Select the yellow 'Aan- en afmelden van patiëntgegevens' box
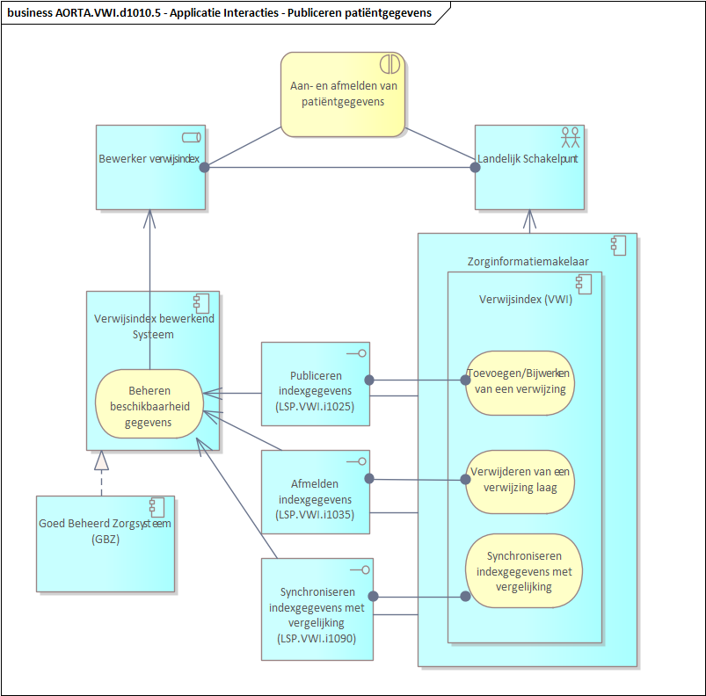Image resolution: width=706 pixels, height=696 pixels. (343, 94)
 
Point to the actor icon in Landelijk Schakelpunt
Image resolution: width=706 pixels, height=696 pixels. (571, 136)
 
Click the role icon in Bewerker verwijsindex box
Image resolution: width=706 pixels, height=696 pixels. (191, 136)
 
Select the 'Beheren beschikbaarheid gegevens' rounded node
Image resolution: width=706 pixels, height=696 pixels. (149, 402)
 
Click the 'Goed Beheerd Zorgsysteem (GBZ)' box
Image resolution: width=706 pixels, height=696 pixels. (105, 543)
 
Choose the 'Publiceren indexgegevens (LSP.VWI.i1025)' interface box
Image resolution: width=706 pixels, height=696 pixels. (317, 384)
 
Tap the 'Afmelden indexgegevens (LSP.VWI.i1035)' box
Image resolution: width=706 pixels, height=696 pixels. (316, 492)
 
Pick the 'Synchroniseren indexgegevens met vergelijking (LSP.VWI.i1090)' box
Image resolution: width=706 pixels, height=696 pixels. (317, 608)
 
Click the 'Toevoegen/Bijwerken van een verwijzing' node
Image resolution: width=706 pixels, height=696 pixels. (519, 380)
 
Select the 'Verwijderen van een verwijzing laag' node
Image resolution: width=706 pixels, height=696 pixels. (519, 481)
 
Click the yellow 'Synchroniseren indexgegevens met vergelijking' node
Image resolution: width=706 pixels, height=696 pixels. (522, 570)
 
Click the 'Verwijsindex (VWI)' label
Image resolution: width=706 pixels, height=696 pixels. (524, 299)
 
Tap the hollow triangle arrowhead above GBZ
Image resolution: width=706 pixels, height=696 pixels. (102, 460)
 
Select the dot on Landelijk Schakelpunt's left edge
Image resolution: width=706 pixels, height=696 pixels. (475, 167)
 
